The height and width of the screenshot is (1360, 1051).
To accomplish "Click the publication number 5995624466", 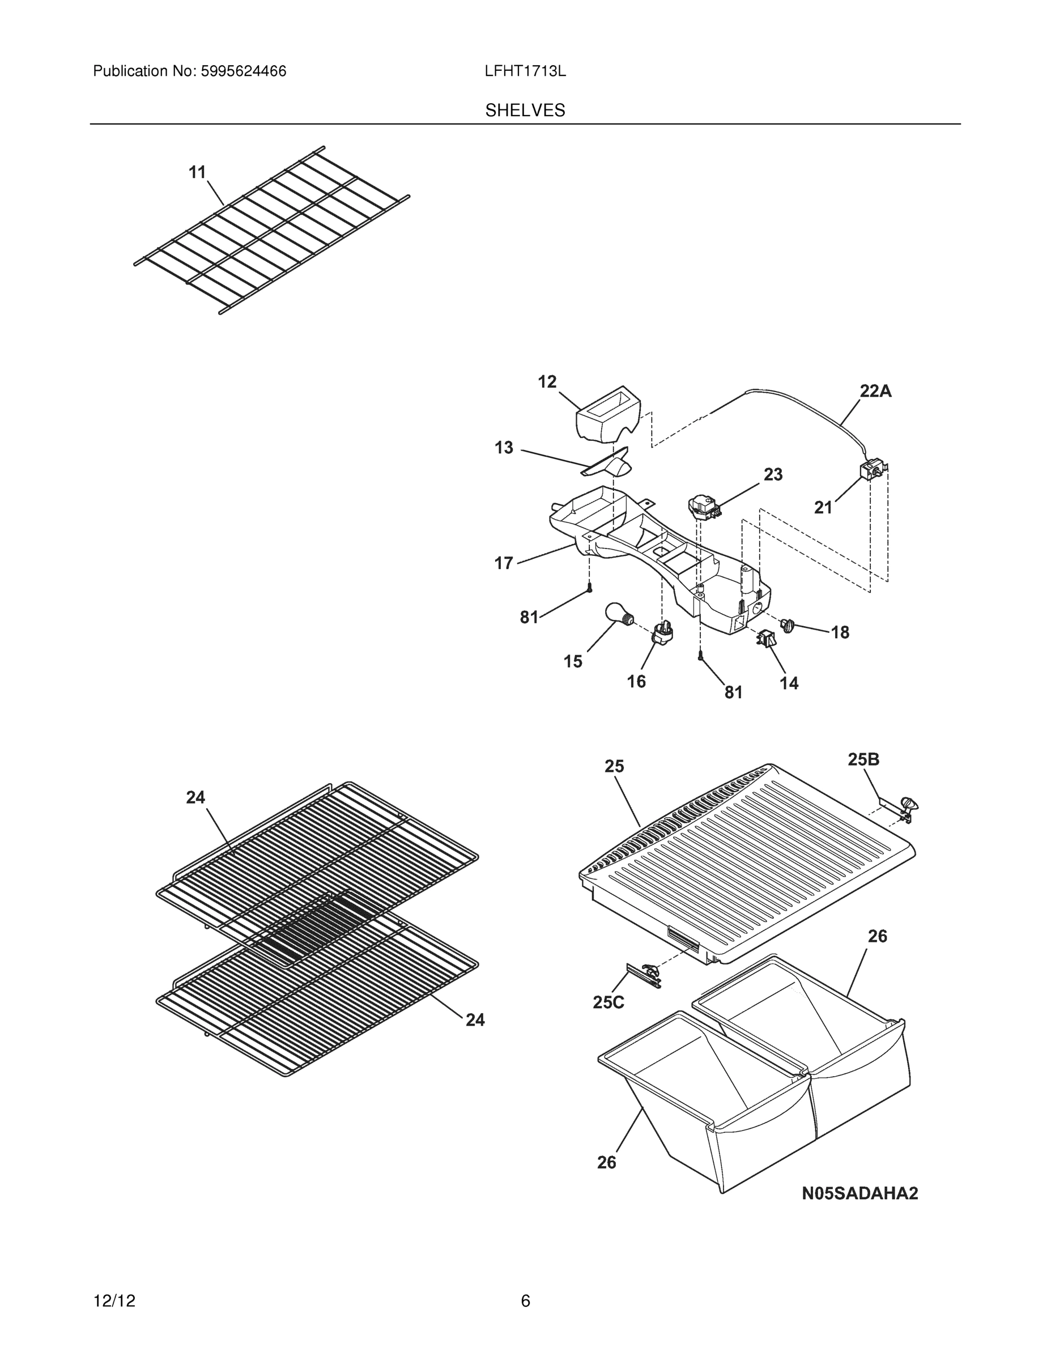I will tap(243, 71).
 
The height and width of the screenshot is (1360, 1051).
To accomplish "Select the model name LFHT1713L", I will tap(525, 71).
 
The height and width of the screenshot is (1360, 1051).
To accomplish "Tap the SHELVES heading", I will tap(525, 110).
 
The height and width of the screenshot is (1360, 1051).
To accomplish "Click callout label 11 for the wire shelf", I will tap(197, 172).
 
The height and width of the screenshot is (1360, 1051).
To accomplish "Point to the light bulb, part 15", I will tap(619, 613).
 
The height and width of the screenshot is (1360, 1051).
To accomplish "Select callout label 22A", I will tap(875, 391).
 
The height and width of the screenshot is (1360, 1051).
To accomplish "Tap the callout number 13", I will tap(504, 448).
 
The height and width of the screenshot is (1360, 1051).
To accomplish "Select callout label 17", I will tap(504, 563).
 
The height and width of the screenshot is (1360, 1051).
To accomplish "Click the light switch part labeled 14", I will tap(767, 638).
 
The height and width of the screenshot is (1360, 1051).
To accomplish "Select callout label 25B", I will tap(863, 759).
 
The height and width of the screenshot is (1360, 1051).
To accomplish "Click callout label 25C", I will tap(609, 1002).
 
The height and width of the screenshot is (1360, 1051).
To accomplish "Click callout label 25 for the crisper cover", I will tap(614, 767).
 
